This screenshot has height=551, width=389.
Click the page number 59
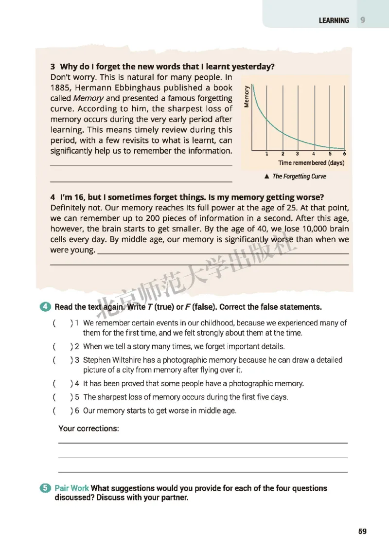[362, 531]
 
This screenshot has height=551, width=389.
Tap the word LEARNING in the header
[334, 20]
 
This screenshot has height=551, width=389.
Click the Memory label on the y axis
[247, 96]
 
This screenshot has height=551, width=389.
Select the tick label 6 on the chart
[344, 154]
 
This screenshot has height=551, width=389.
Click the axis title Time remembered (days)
[311, 163]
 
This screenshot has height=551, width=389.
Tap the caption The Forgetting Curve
[299, 177]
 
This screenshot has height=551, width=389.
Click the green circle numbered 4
[45, 307]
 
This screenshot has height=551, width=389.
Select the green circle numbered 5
[45, 488]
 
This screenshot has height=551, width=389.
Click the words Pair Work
[72, 488]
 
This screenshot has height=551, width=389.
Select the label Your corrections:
[88, 428]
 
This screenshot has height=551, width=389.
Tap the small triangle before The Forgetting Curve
[266, 177]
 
